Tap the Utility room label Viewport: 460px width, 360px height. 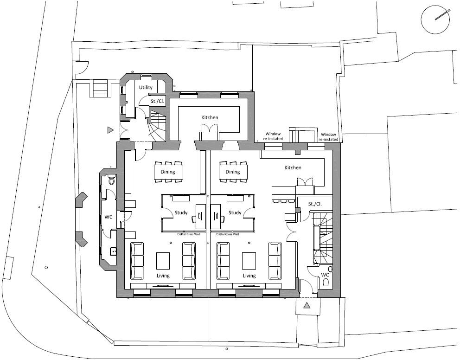point(146,88)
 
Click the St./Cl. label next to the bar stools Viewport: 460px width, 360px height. point(314,204)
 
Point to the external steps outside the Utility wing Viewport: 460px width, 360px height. point(100,87)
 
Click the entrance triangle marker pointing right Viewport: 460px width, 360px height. point(110,130)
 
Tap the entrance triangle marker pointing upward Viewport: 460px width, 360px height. point(307,305)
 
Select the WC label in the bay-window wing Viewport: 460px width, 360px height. point(109,217)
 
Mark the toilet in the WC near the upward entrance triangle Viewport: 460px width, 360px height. point(326,282)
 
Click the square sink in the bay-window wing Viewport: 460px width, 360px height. point(113,252)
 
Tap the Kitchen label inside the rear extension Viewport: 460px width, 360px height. point(210,117)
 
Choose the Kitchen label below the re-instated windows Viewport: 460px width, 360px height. point(293,167)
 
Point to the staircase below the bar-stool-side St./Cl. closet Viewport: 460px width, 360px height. point(323,237)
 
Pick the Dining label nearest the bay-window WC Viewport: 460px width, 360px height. point(168,172)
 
